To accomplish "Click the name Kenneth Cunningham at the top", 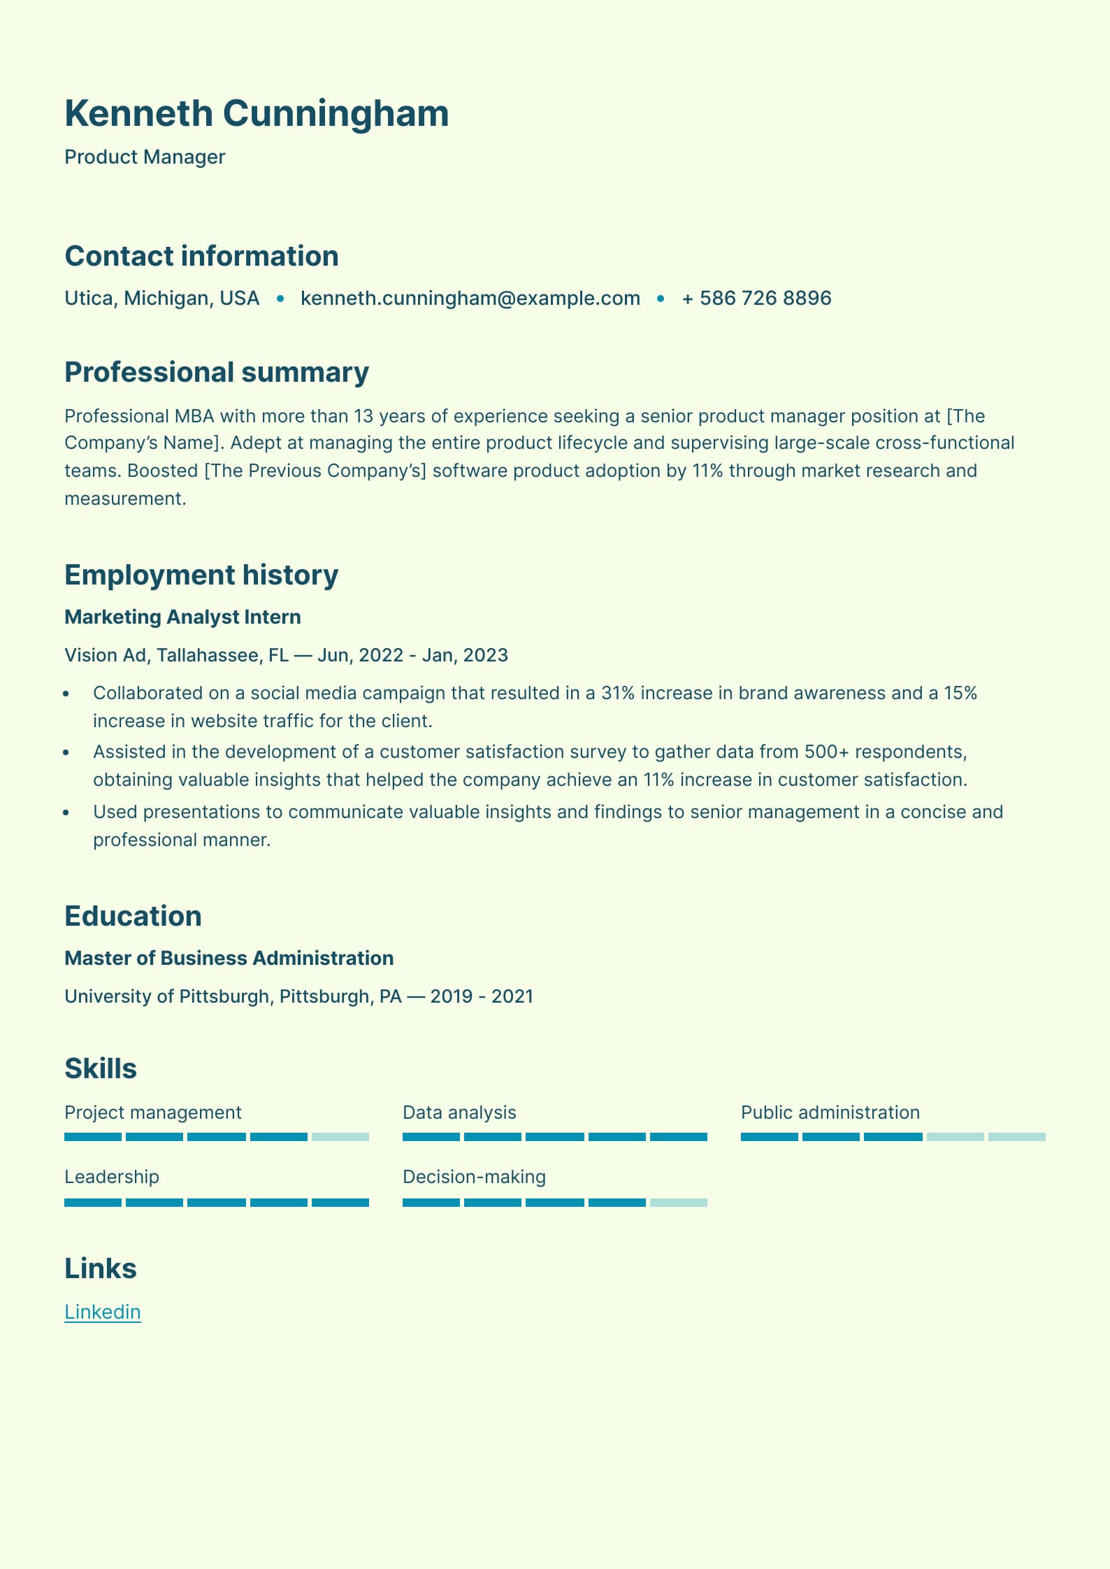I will coord(257,113).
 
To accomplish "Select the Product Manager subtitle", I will coord(145,157).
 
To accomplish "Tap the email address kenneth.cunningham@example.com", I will coord(470,298).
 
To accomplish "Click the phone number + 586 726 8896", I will coord(756,298).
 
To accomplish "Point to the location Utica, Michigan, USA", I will coord(161,298).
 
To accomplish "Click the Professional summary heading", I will coord(217,372).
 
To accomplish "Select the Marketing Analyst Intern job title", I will coord(182,617).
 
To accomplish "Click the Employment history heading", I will coord(201,575).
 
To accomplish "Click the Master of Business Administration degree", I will coord(229,958).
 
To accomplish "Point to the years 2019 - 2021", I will coord(482,996).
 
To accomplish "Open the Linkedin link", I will coord(103,1312).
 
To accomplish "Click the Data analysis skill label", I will coord(459,1112).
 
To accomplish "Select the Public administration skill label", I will coord(830,1112).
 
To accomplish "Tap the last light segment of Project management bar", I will coord(340,1137).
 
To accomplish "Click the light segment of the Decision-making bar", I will coord(678,1203).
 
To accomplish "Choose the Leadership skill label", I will coord(112,1177).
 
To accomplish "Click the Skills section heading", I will coord(101,1068).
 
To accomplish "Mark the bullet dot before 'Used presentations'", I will coord(66,812).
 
